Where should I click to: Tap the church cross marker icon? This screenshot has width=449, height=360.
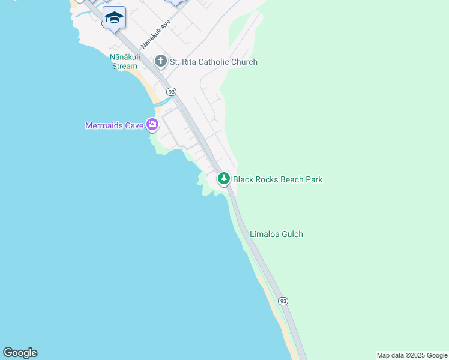160,61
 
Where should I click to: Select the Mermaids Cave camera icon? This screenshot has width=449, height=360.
152,125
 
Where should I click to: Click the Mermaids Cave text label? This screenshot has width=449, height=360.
114,125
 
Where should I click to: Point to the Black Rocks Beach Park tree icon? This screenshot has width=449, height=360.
224,179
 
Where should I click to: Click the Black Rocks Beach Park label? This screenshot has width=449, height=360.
277,179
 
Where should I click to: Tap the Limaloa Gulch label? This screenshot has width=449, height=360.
276,234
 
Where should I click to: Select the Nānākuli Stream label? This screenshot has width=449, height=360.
125,62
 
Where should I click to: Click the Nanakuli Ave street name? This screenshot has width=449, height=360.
156,34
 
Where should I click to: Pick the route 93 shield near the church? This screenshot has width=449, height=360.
172,92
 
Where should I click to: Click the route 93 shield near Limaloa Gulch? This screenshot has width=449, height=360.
283,301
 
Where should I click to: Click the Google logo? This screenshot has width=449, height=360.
20,353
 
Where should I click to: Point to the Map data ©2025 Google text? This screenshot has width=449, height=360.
412,355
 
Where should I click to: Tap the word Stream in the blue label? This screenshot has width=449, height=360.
125,66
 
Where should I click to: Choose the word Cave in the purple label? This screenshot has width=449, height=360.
133,125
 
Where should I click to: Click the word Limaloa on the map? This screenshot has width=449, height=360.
265,234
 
